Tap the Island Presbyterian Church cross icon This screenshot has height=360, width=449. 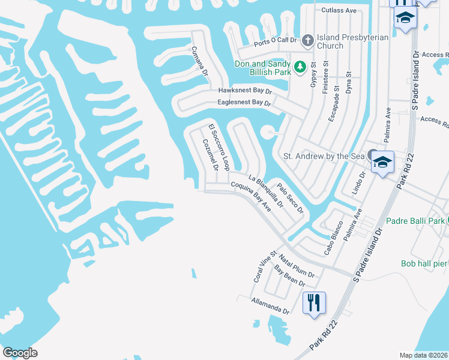coord(307,40)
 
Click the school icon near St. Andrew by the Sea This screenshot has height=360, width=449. coord(382,163)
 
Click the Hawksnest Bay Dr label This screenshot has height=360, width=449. coord(245,91)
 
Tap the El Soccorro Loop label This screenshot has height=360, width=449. coord(219,148)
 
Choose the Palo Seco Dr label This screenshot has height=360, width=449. coord(290,198)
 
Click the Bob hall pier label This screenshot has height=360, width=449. coord(424,263)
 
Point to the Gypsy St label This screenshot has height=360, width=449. coord(313,74)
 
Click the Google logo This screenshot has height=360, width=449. coord(20,353)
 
